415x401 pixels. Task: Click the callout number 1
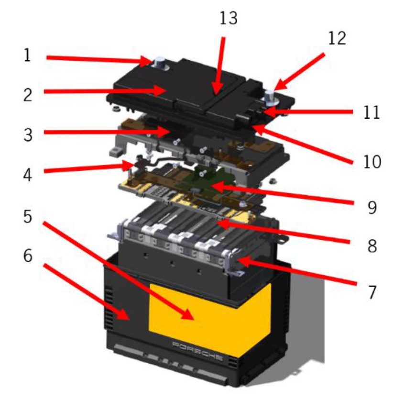[x=27, y=56]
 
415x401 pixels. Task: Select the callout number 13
[x=229, y=18]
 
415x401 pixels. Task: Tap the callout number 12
[x=337, y=38]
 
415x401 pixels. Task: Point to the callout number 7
[x=372, y=292]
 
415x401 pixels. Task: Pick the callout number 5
[x=28, y=216]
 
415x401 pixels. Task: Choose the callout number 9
[x=372, y=207]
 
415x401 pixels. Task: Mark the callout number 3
[x=28, y=135]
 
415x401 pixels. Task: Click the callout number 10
[x=372, y=161]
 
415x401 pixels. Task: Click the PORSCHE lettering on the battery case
[x=197, y=351]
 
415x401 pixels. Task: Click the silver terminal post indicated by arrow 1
[x=160, y=64]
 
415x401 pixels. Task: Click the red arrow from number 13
[x=220, y=66]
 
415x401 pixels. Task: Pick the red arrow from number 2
[x=106, y=91]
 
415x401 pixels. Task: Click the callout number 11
[x=371, y=112]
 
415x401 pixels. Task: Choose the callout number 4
[x=28, y=175]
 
